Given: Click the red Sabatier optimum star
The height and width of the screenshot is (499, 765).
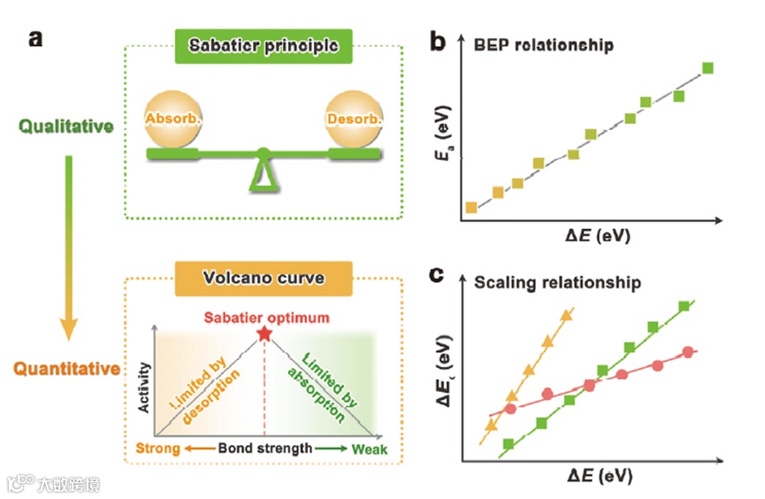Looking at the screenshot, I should coord(263,334).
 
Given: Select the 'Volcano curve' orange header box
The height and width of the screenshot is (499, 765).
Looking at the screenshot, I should coord(264,278).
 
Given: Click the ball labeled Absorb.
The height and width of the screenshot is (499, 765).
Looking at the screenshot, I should coord(173,119).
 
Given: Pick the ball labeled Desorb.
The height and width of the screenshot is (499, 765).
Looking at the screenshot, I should coord(355,119).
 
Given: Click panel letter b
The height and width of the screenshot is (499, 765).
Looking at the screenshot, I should coord(438,42).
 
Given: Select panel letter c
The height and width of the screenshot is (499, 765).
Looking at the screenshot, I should coord(436,275).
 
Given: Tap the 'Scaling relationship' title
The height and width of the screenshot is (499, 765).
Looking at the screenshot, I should coord(557,284).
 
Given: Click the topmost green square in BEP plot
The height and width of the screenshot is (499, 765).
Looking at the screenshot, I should coord(708,68).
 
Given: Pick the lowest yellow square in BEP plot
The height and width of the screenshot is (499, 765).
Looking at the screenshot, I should coord(471,207).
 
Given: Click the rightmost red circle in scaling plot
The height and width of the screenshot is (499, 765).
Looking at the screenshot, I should coord(690,353).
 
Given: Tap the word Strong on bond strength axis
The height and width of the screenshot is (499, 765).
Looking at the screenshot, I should coord(157,449).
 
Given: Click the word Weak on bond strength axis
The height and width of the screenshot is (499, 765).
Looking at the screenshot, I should coord(370,449).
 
